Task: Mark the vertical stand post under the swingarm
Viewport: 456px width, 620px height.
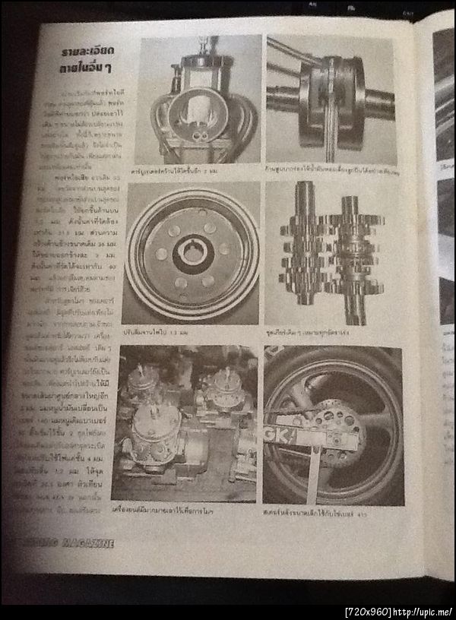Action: [x=313, y=475]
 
